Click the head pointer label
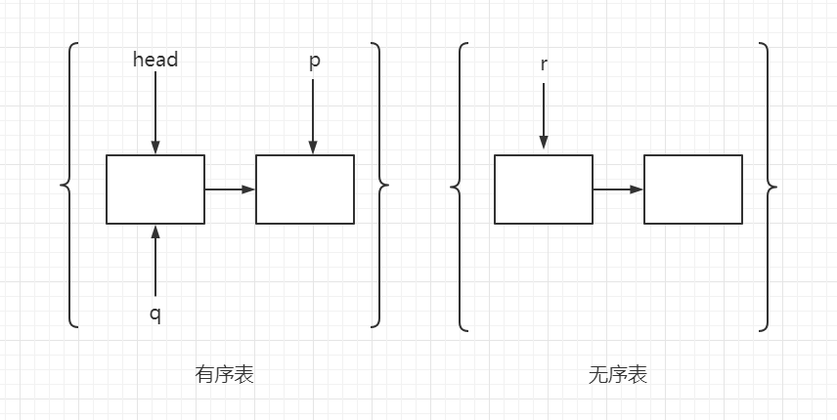pyautogui.click(x=155, y=60)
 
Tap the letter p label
pyautogui.click(x=314, y=61)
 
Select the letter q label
pyautogui.click(x=155, y=314)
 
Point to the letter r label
pyautogui.click(x=544, y=64)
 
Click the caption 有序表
pyautogui.click(x=224, y=374)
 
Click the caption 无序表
pyautogui.click(x=617, y=374)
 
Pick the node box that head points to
pyautogui.click(x=155, y=189)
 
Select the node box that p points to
pyautogui.click(x=305, y=189)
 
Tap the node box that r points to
pyautogui.click(x=544, y=189)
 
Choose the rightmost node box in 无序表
pyautogui.click(x=692, y=189)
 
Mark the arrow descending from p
pyautogui.click(x=313, y=115)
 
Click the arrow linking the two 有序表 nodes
pyautogui.click(x=230, y=189)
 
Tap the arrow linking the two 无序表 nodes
pyautogui.click(x=618, y=189)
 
